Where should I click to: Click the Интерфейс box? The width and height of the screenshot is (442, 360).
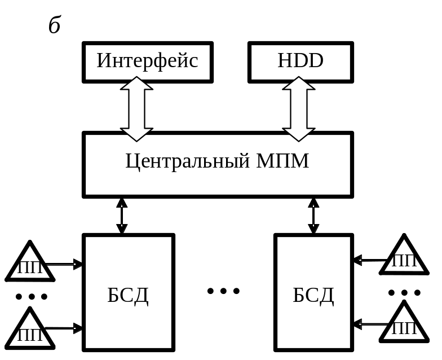tap(147, 62)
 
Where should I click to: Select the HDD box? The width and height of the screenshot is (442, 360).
tap(300, 62)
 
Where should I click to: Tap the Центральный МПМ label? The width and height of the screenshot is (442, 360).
tap(217, 162)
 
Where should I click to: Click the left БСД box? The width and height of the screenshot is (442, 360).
tap(129, 293)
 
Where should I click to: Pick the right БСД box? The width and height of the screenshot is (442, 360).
tap(313, 293)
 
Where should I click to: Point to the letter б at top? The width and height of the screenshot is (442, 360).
tap(54, 25)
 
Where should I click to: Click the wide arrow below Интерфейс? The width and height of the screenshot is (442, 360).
tap(137, 108)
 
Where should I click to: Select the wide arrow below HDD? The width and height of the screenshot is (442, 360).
tap(299, 108)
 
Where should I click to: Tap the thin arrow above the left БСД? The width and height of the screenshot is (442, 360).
tap(121, 216)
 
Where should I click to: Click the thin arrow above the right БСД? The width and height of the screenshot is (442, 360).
tap(313, 216)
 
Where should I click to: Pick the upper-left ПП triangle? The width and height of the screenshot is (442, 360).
tap(30, 264)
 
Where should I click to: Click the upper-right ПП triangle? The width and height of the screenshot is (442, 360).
tap(404, 258)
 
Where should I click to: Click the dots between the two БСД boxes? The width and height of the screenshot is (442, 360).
tap(223, 291)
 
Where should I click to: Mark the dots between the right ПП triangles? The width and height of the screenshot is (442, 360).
tap(404, 292)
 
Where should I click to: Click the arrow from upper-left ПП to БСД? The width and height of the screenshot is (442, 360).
tap(64, 264)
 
